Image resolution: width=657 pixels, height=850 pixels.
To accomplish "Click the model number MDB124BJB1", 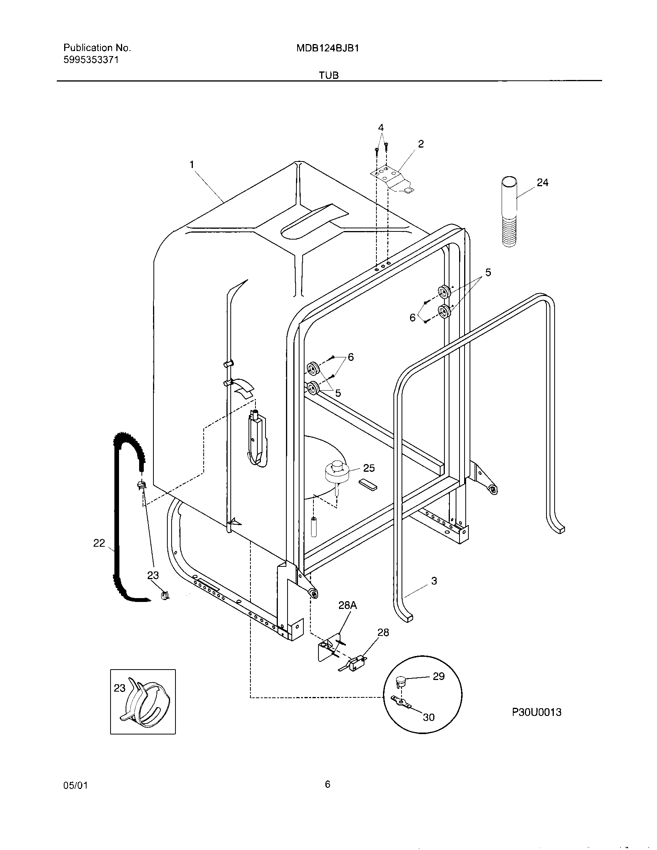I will [327, 48].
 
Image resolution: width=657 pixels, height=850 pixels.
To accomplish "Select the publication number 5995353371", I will [91, 60].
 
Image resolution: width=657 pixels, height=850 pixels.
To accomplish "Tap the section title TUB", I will [328, 75].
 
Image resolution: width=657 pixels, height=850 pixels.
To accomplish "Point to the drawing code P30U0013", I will [536, 712].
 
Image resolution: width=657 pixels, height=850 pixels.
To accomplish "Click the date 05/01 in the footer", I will [75, 785].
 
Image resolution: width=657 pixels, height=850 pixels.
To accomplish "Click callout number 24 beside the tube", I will [542, 182].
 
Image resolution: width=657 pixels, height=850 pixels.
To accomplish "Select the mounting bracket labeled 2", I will [391, 178].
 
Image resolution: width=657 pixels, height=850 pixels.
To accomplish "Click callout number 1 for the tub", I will [191, 165].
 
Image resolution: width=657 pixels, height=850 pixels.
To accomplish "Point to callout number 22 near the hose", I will [99, 543].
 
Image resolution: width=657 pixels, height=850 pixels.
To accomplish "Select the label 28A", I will [347, 605].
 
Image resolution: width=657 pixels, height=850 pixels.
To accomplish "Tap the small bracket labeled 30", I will [401, 702].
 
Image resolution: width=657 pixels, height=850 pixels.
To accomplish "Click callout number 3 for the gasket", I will [434, 581].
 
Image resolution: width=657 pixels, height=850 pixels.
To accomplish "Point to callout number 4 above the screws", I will [381, 127].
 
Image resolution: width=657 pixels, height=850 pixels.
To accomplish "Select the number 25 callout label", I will [368, 468].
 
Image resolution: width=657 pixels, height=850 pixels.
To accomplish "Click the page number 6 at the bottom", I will [327, 785].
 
